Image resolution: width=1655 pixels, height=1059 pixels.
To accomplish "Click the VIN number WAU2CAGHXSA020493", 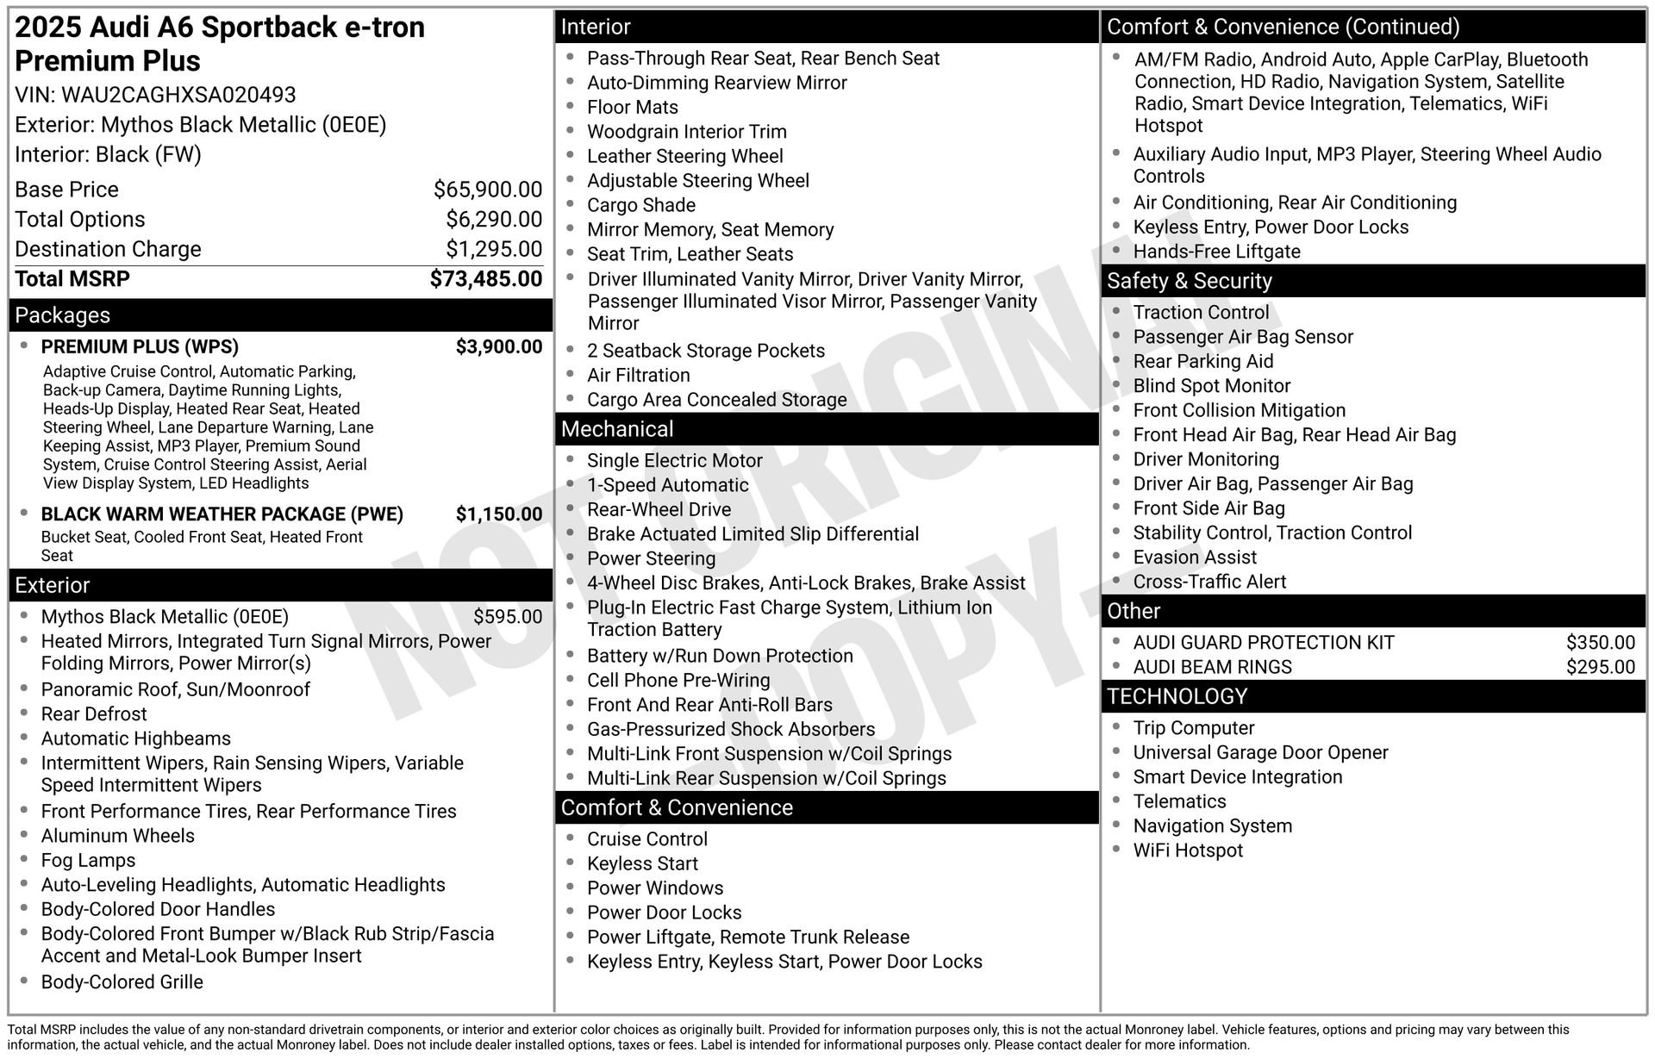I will (x=178, y=95).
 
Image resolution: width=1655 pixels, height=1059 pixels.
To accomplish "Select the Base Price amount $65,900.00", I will (x=488, y=190).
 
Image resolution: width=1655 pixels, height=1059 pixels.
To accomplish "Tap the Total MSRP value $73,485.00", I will (x=486, y=279).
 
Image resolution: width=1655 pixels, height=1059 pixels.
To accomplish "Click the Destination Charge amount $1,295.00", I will (x=494, y=249).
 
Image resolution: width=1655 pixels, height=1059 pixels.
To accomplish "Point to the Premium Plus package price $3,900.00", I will (x=499, y=347).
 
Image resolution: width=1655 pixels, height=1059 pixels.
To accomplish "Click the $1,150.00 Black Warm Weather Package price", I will (x=499, y=514).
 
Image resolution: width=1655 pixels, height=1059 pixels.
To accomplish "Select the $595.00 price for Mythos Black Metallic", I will (x=508, y=617).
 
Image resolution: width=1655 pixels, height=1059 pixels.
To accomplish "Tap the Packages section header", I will (x=63, y=315).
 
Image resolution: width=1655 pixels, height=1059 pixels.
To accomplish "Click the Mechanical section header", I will (x=617, y=429).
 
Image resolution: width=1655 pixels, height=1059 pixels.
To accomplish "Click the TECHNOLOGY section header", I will (x=1177, y=696).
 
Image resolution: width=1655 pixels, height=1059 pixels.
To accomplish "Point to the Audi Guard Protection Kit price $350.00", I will (x=1600, y=643).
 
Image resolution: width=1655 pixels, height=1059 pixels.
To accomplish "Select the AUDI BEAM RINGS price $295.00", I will (x=1600, y=667).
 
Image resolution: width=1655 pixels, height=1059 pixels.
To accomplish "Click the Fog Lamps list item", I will (x=89, y=861).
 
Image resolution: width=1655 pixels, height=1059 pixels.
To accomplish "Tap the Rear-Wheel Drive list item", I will (x=659, y=510).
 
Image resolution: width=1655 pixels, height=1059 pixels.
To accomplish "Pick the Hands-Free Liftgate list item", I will (x=1216, y=252).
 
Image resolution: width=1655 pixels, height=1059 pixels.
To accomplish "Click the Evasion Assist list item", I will (x=1195, y=558).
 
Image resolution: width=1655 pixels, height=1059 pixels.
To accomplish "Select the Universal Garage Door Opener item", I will (x=1260, y=753).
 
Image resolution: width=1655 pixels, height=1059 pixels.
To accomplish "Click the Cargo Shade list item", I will (x=641, y=206).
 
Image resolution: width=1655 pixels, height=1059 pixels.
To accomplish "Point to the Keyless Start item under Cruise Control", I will (x=642, y=864).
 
